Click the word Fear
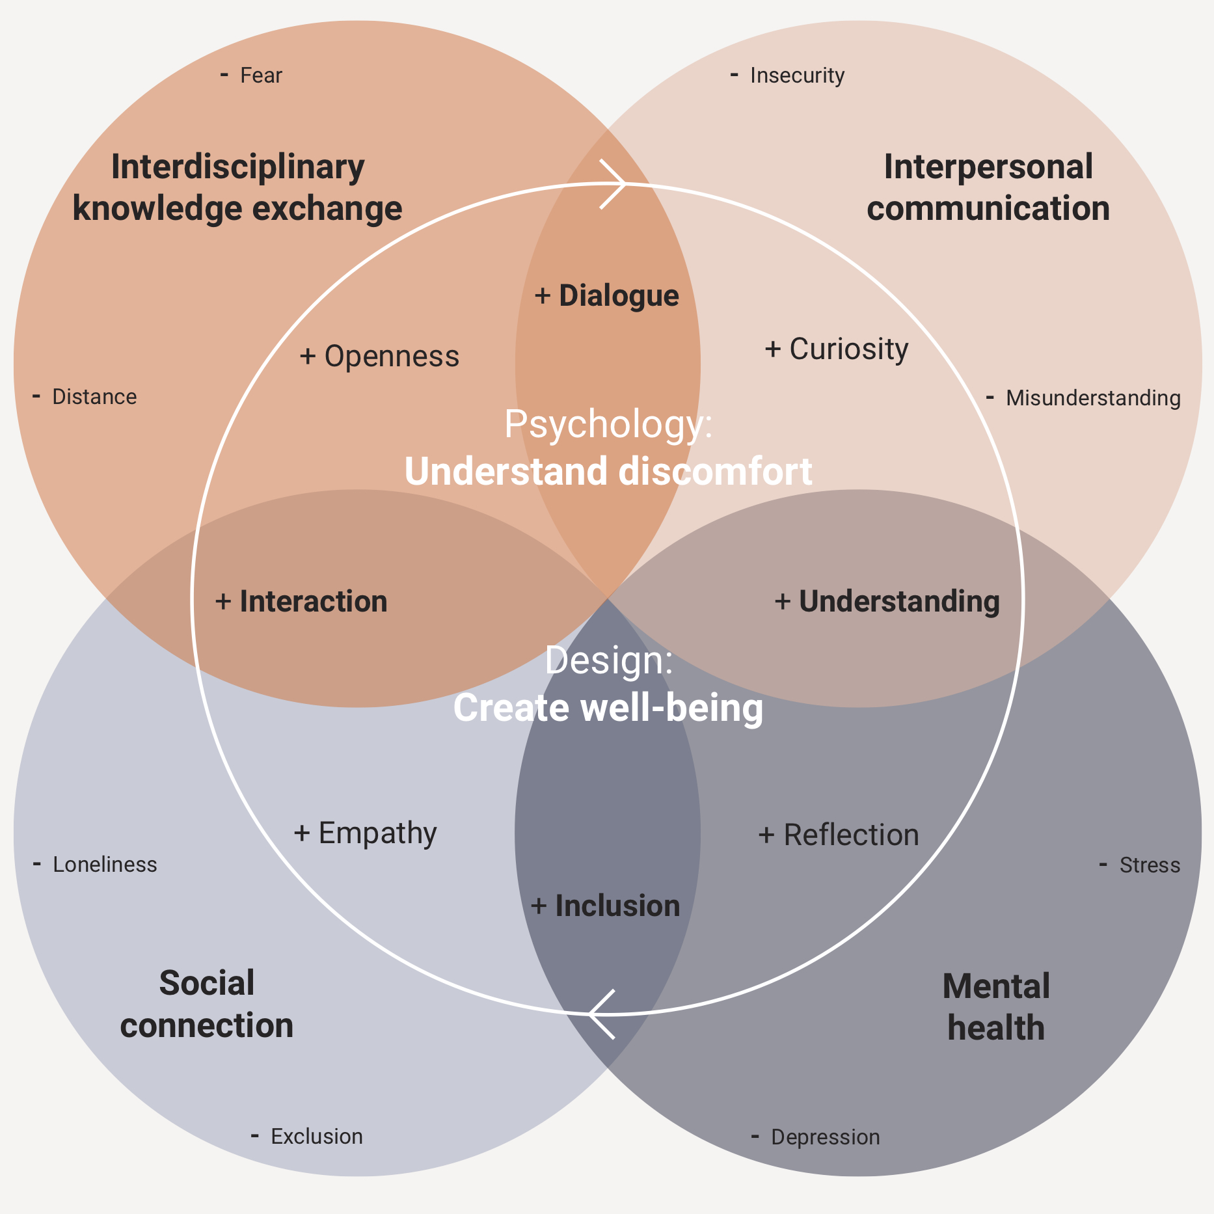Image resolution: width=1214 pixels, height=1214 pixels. (261, 75)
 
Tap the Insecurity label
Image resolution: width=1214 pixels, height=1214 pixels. (797, 75)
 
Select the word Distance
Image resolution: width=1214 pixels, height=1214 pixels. (94, 397)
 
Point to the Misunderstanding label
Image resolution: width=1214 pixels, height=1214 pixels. (1093, 398)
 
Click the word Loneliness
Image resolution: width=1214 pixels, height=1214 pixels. (105, 865)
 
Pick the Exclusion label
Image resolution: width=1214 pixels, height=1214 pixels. (317, 1137)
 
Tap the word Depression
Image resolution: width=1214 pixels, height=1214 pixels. (825, 1137)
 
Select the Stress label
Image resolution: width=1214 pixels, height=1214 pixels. (1150, 865)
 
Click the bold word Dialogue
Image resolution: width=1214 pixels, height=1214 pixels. (619, 296)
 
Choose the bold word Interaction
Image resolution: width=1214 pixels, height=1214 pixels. (314, 602)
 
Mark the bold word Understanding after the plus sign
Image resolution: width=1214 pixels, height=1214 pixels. (899, 602)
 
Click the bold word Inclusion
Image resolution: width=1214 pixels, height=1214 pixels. (617, 906)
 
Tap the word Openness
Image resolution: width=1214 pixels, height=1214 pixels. (392, 357)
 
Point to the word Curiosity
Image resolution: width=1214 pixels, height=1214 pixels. (848, 349)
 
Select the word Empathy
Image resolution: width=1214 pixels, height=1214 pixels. (377, 833)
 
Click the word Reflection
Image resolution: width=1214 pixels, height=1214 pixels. (851, 835)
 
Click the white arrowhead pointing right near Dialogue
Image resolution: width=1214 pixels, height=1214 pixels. (615, 184)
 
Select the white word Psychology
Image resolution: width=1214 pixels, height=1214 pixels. (607, 425)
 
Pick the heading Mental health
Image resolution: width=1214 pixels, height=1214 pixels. (996, 1007)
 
